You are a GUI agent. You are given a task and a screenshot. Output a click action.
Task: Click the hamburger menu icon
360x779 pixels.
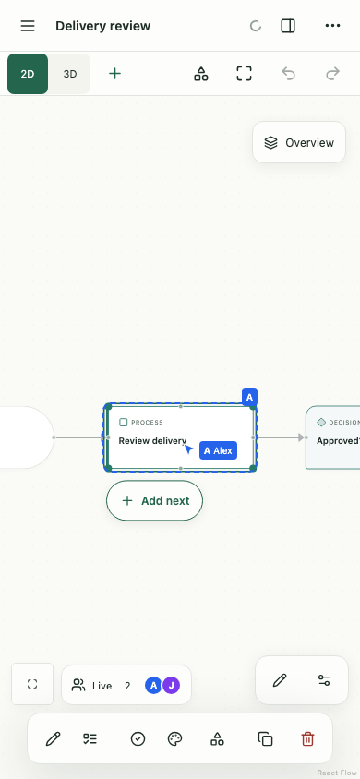coord(28,26)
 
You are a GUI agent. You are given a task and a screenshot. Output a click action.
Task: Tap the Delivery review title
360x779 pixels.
coord(102,26)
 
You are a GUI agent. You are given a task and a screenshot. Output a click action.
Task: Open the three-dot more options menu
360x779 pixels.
coord(332,26)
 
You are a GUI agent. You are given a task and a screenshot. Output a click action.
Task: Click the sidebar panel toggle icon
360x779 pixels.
coord(288,26)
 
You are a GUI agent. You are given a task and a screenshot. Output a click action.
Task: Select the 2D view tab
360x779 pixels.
coord(28,74)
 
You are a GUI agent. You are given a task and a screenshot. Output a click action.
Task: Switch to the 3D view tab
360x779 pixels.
coord(70,74)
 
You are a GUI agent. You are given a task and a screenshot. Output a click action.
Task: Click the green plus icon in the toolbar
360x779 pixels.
coord(114,74)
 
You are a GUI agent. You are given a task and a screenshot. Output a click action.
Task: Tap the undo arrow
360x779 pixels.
coord(289,74)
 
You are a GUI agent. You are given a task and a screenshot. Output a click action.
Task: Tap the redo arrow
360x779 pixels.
coord(332,74)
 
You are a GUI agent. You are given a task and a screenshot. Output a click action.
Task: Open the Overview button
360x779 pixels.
coord(299,142)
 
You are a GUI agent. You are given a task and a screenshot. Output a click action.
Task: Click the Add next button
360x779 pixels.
coord(154,501)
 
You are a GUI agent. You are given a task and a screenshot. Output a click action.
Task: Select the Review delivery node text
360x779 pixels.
coord(152,440)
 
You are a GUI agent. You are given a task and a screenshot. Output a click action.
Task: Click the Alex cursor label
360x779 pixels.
coord(218,450)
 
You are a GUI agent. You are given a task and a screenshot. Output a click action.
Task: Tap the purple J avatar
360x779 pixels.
coord(172,686)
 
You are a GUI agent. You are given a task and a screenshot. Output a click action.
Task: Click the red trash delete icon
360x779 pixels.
coord(308,739)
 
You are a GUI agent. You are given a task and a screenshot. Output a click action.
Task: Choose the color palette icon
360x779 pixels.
coord(174,739)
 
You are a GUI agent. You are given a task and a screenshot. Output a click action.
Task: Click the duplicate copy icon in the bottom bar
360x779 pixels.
coord(265,739)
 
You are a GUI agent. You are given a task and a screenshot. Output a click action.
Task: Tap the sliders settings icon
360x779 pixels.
coord(324,680)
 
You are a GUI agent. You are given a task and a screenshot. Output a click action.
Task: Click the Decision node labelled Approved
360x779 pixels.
coord(332,437)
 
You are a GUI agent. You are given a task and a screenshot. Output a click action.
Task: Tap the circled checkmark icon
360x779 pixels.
coord(138,739)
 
